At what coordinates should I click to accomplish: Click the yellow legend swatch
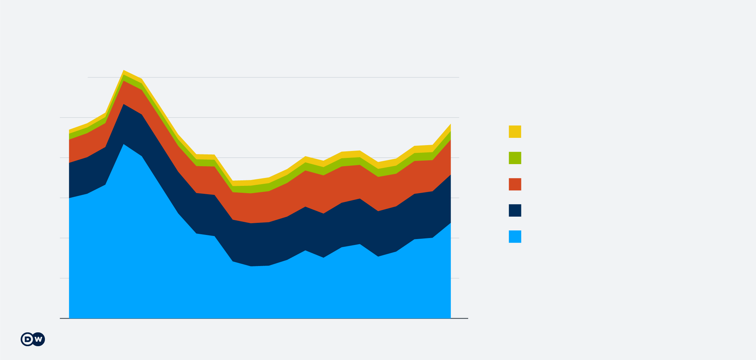click(515, 132)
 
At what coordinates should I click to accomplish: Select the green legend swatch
click(515, 158)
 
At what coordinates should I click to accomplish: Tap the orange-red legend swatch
click(515, 184)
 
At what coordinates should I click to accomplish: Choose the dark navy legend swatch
click(515, 210)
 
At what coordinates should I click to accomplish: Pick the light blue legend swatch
click(515, 237)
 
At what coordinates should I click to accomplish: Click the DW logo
click(33, 339)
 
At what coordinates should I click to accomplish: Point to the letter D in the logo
click(27, 339)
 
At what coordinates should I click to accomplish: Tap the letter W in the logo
click(38, 339)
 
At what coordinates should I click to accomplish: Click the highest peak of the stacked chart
click(124, 70)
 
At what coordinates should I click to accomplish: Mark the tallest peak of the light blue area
click(124, 144)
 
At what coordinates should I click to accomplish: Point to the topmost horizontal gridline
click(276, 77)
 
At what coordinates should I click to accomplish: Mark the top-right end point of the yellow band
click(451, 124)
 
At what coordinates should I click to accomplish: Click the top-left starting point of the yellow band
click(69, 130)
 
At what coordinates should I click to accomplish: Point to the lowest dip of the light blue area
click(251, 266)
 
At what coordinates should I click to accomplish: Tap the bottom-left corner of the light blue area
click(70, 318)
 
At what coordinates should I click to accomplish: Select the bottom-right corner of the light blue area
click(450, 318)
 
